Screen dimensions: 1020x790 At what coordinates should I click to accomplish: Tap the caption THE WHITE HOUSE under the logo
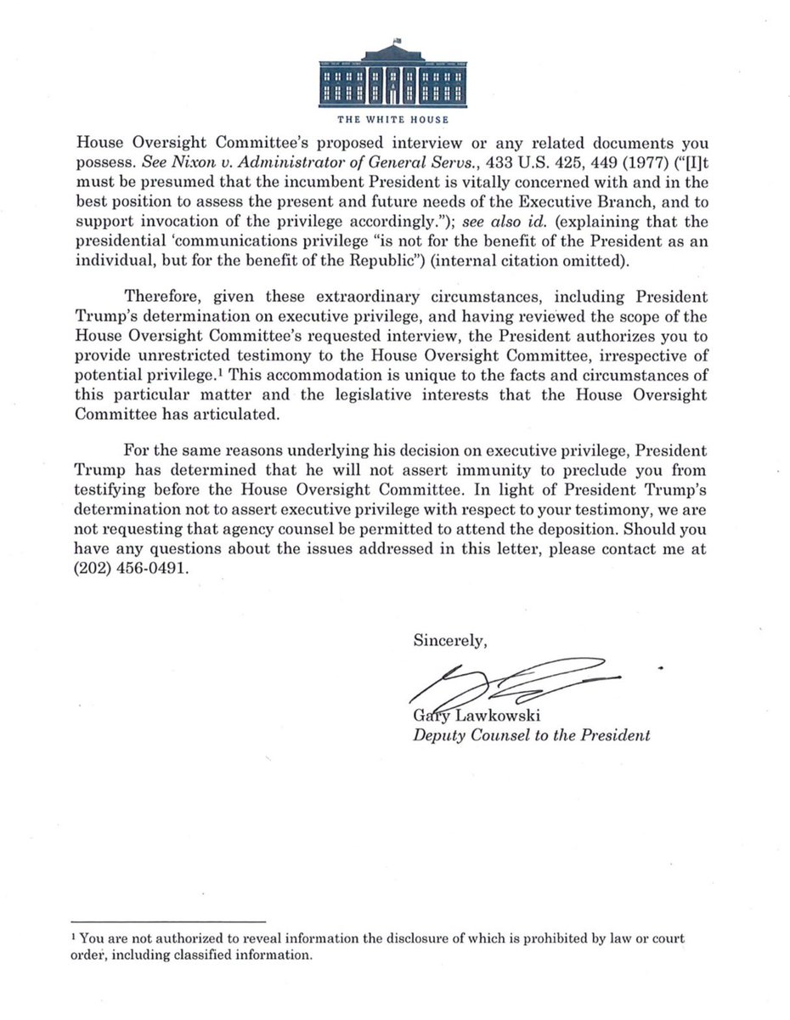[x=392, y=120]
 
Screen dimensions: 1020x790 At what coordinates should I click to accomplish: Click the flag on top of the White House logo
[x=397, y=40]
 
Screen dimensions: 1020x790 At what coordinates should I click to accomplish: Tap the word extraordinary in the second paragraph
[x=315, y=297]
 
